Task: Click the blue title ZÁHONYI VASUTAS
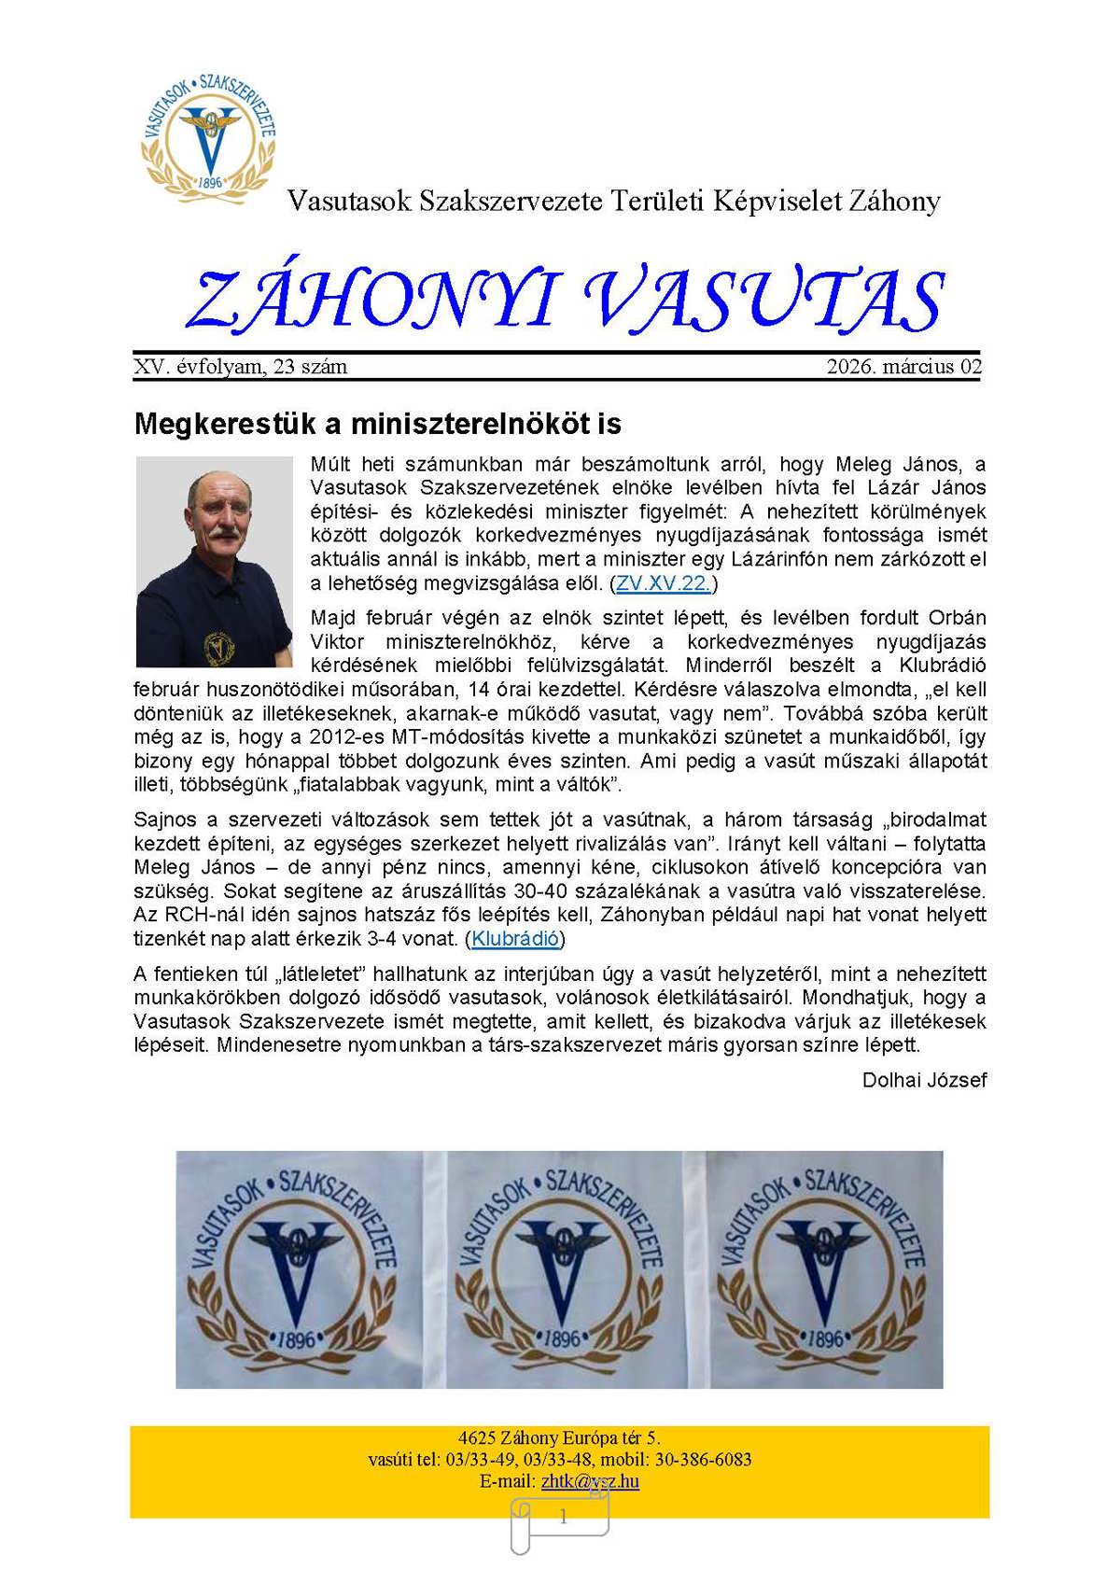(566, 301)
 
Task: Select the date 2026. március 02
(903, 367)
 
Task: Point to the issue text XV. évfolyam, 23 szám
(241, 367)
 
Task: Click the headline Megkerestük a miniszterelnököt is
(378, 424)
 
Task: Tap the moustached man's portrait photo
(214, 562)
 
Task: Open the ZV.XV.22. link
(663, 584)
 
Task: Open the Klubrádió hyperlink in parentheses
(515, 939)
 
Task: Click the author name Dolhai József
(924, 1080)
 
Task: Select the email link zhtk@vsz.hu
(590, 1481)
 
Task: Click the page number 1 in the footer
(563, 1518)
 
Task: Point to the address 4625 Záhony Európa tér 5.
(559, 1437)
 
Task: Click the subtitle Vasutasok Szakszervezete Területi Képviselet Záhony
(613, 201)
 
